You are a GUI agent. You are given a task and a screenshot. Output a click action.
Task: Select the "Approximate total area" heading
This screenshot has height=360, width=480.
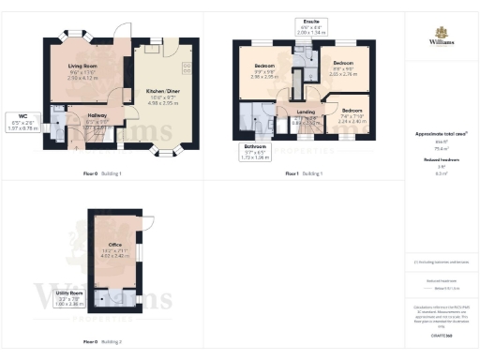click(442, 134)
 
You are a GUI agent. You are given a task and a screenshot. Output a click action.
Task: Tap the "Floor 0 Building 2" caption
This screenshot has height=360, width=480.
click(101, 342)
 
